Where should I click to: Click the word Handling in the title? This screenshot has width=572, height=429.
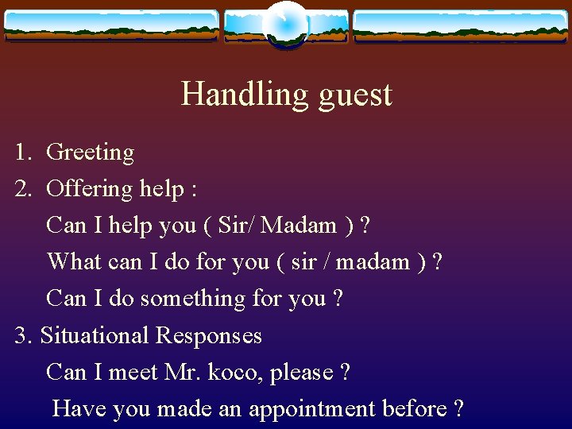pyautogui.click(x=245, y=95)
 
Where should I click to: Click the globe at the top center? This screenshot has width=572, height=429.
pyautogui.click(x=285, y=23)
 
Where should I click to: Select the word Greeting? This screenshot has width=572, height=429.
pyautogui.click(x=90, y=153)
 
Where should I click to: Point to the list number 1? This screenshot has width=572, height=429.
pyautogui.click(x=22, y=152)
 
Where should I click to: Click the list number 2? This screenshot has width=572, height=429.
pyautogui.click(x=22, y=188)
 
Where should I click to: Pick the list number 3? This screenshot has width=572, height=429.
pyautogui.click(x=22, y=335)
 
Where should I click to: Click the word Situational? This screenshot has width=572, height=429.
pyautogui.click(x=95, y=335)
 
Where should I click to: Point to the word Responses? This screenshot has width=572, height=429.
pyautogui.click(x=208, y=335)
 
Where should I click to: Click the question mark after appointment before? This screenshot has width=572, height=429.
pyautogui.click(x=458, y=408)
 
